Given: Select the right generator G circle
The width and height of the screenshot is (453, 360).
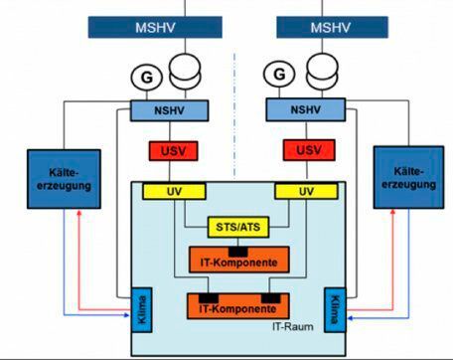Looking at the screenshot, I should pyautogui.click(x=281, y=75).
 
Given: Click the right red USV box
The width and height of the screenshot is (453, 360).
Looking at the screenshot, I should pyautogui.click(x=302, y=151).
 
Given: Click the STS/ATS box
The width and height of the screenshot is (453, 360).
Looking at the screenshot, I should pyautogui.click(x=234, y=228).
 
